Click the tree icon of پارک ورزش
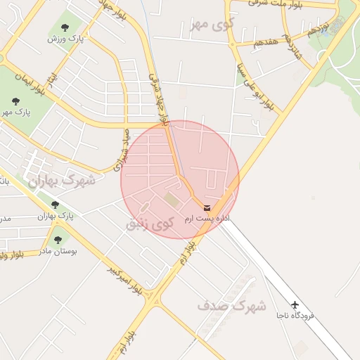point(65,28)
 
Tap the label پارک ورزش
point(65,39)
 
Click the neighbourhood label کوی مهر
point(210,26)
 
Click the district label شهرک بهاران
point(62,181)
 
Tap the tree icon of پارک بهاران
point(55,205)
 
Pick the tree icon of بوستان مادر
point(58,240)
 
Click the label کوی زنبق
point(149,224)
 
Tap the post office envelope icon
point(206,207)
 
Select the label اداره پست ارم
point(207,219)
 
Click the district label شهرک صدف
point(231,307)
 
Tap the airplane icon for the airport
point(295,304)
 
